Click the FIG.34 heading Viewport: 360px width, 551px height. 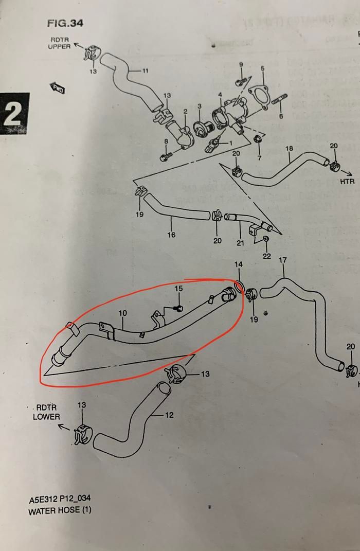point(65,23)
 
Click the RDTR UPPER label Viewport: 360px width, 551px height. point(59,43)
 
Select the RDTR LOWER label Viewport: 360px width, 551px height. point(46,413)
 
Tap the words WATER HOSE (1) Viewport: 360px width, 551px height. point(60,511)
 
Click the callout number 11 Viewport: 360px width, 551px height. point(145,70)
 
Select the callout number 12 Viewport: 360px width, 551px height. point(169,415)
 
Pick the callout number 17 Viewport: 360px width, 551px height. point(282,260)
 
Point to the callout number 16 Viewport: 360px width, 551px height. point(171,235)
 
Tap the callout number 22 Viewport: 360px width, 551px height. point(266,256)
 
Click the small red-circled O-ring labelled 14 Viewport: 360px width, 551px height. point(239,286)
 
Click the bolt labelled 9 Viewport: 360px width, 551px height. point(239,82)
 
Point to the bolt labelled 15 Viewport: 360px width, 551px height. point(178,308)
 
